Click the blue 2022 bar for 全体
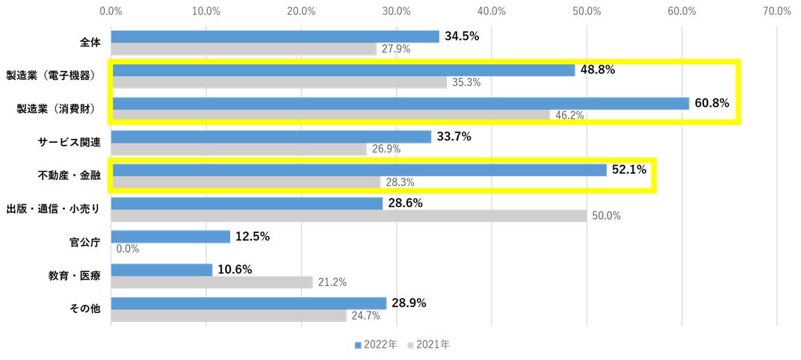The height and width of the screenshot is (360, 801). [275, 37]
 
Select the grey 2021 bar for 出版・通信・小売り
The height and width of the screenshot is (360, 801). [349, 216]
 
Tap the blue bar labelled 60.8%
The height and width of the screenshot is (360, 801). [400, 103]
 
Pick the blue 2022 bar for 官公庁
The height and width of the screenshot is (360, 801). [170, 237]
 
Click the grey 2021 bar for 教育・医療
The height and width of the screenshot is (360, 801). [212, 282]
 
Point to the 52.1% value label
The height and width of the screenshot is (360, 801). [630, 170]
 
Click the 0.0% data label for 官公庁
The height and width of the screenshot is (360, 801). [128, 249]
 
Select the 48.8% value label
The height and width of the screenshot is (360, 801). [597, 69]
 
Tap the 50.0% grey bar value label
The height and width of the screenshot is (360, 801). [605, 216]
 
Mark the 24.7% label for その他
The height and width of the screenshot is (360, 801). [365, 316]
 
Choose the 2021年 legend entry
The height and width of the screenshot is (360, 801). [429, 345]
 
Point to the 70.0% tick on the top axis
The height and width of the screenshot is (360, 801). [777, 11]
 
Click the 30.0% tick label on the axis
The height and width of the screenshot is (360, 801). [397, 11]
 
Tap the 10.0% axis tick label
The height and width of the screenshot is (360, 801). [206, 11]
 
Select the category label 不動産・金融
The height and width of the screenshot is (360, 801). [69, 175]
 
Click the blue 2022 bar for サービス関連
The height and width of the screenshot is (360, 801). [271, 137]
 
